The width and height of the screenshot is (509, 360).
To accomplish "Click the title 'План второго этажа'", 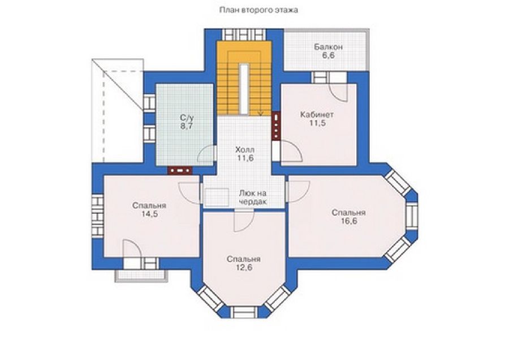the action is tap(258, 10).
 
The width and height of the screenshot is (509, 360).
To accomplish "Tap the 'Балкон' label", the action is tap(328, 47).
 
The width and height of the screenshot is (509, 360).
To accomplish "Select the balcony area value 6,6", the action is tap(329, 55).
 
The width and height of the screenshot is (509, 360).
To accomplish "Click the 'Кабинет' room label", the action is tap(317, 115).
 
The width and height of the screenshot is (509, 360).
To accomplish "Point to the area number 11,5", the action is tap(317, 123).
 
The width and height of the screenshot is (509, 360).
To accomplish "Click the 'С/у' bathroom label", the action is tap(186, 117).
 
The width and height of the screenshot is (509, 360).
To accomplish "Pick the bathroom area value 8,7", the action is tap(187, 126).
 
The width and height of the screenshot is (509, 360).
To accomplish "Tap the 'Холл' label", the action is tap(245, 150).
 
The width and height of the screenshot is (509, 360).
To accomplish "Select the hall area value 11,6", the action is tap(245, 158).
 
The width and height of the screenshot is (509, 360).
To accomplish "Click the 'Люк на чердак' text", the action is tap(253, 198).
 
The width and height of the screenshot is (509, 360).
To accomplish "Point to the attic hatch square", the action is tap(217, 197).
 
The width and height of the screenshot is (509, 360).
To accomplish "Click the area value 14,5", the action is tap(149, 214).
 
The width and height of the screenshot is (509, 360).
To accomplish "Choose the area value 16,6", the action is tap(348, 221).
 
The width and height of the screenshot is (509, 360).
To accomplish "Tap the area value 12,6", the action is tap(244, 268).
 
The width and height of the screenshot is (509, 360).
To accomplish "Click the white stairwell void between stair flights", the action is tap(244, 89).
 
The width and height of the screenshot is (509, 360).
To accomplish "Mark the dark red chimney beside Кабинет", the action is tap(276, 126).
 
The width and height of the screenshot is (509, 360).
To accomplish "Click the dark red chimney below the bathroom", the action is tap(180, 170).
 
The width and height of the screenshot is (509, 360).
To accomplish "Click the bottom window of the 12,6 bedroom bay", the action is tap(244, 312).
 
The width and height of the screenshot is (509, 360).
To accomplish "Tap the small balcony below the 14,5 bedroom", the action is tap(142, 275).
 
